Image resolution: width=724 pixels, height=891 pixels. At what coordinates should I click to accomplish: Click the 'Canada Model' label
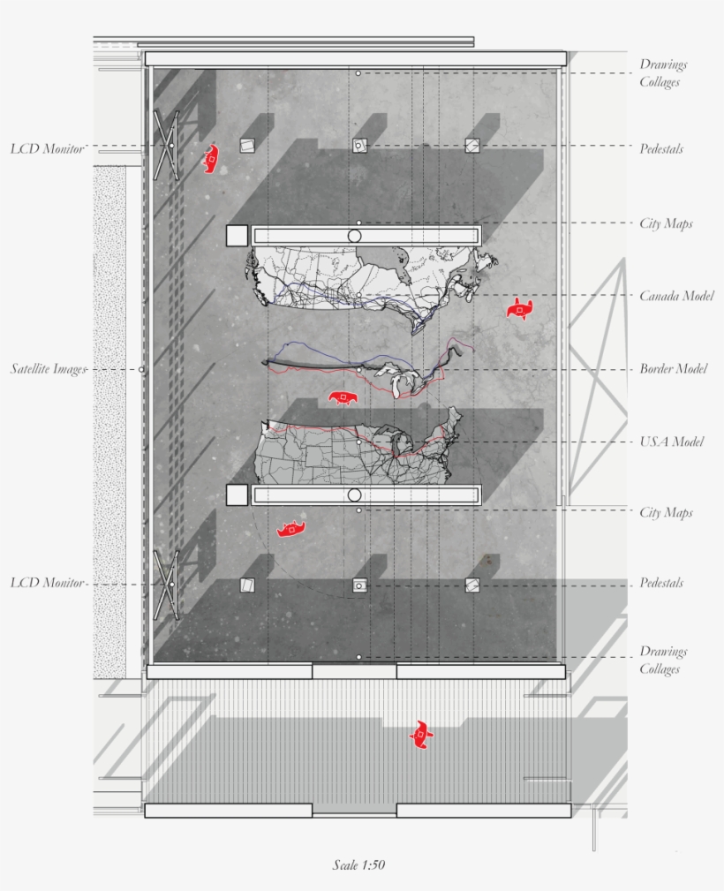point(676,296)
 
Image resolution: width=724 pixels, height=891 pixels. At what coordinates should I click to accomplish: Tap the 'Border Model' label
point(673,368)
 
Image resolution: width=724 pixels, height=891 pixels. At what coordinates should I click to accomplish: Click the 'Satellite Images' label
point(49,368)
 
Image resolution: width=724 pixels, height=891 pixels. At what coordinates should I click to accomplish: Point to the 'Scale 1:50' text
point(358,865)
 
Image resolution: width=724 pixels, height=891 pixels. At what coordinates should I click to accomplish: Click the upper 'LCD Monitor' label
point(48,148)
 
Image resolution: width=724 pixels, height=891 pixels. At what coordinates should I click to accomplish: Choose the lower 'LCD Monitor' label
point(48,583)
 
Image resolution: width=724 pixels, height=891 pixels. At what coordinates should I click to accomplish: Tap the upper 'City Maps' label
point(666,223)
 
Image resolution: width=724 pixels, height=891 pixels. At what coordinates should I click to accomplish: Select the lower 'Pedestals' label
point(661,583)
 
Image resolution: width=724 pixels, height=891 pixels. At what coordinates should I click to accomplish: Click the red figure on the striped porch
point(422,734)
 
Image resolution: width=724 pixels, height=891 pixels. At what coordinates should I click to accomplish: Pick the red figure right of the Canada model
point(521,309)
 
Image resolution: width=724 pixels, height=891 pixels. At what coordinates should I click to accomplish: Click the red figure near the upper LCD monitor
point(211,158)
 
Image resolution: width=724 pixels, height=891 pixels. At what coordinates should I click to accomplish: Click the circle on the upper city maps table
point(355,236)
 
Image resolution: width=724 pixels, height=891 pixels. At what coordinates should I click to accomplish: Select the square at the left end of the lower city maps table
point(237,495)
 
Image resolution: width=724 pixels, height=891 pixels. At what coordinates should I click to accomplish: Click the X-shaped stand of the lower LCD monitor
point(166,584)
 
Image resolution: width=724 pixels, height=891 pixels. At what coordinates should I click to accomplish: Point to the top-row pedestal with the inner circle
point(359,146)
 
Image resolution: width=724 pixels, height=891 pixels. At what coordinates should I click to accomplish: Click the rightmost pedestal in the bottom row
point(472,585)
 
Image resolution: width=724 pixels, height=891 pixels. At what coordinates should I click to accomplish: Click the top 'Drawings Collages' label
point(663,73)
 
